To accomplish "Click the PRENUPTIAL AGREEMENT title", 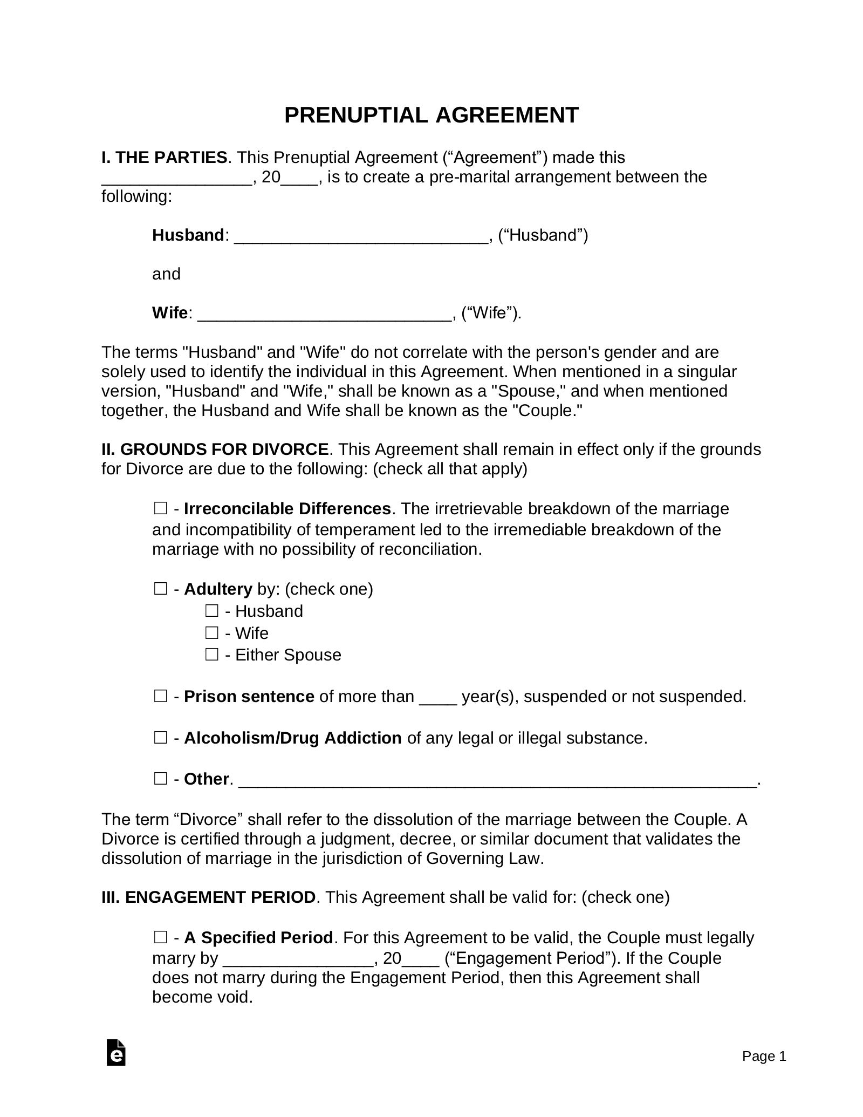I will pos(431,115).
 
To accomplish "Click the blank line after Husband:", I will pos(361,236).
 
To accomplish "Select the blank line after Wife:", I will pos(324,314).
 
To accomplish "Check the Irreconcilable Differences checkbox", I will pos(160,508).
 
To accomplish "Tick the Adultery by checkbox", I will pos(160,589).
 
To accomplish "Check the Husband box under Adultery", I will pos(211,611).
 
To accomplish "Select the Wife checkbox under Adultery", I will pos(211,632).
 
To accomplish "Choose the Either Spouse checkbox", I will pos(211,655).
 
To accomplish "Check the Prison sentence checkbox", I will pos(160,696).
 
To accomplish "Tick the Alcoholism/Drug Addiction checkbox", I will pos(160,738).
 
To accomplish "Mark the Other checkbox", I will pos(160,779).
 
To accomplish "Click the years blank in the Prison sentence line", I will pos(438,698).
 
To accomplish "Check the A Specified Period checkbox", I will pos(160,938).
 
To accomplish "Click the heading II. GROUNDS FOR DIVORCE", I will pos(215,449).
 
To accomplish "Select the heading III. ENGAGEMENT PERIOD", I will pos(208,897).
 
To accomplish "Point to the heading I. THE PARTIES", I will pos(164,158).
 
